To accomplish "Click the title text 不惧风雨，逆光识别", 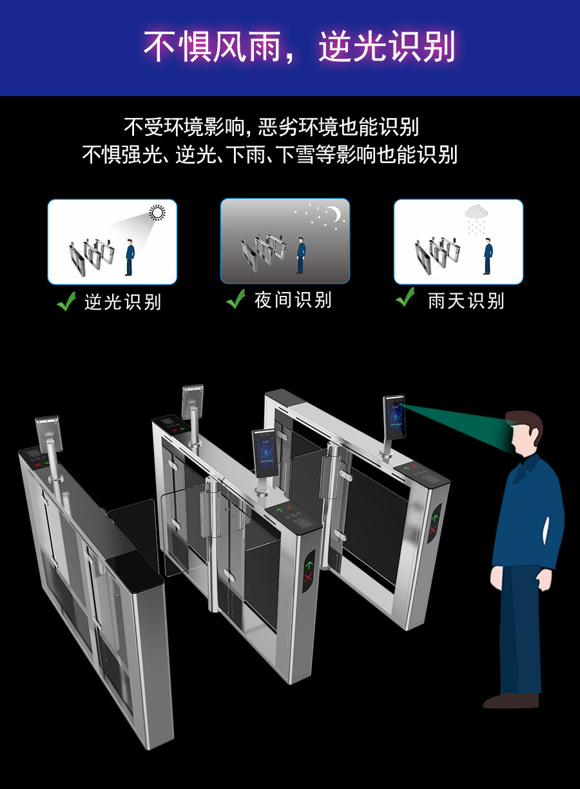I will (x=298, y=46).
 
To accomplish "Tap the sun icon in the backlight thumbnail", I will (x=157, y=213).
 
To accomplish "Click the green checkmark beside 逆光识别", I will (x=66, y=301).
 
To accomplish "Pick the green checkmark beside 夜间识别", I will (x=236, y=299).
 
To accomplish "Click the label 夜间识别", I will (x=293, y=300).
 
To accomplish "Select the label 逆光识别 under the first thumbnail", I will (x=122, y=302).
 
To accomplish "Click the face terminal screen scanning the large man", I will (x=393, y=416).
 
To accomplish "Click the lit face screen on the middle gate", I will (x=264, y=453).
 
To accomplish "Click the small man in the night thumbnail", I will (x=300, y=255).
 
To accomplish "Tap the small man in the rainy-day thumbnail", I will (x=488, y=256).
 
